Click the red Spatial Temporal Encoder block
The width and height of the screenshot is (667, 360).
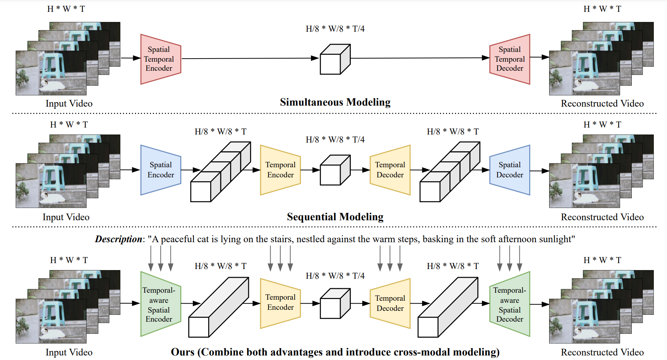click(160, 59)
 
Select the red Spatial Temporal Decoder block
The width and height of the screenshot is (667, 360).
click(510, 59)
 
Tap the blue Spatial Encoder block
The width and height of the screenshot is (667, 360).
click(160, 170)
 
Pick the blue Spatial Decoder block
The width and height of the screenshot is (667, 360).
click(510, 170)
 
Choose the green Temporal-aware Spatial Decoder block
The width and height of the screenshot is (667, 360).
click(510, 304)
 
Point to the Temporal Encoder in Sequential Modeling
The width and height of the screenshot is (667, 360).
click(280, 170)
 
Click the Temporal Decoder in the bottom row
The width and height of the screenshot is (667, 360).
click(390, 303)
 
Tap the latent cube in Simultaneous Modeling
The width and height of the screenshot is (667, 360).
click(335, 59)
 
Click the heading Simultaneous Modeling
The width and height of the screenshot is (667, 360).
click(335, 102)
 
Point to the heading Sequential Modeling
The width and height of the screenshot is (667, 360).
click(335, 217)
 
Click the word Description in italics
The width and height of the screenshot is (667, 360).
click(119, 239)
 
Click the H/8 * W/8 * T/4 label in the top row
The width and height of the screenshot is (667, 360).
click(335, 29)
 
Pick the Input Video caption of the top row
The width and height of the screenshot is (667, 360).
click(69, 104)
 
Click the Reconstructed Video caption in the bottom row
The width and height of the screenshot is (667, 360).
click(602, 352)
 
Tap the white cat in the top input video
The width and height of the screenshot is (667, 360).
click(52, 85)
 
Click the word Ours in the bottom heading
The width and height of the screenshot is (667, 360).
click(183, 352)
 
